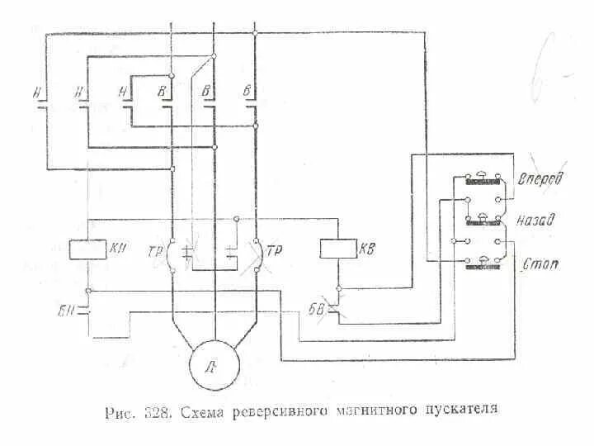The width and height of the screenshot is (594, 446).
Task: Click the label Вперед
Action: [539, 179]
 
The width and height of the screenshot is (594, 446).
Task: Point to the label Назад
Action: [537, 221]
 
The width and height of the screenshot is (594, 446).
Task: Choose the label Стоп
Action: [541, 264]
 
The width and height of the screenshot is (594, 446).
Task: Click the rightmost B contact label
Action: [247, 90]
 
